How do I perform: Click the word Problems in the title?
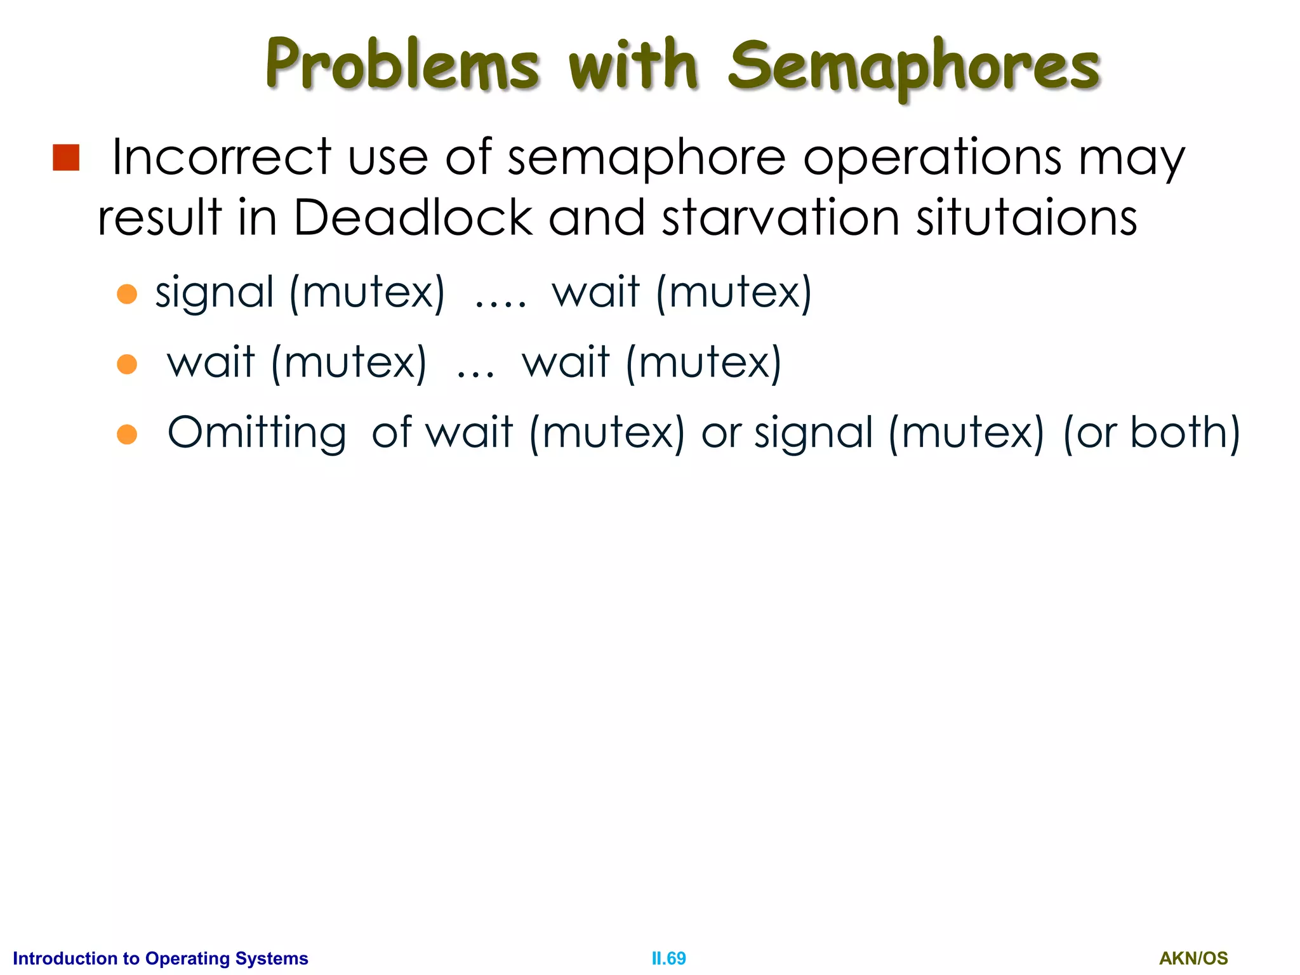402,65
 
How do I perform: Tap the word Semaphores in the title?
914,67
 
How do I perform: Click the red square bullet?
66,157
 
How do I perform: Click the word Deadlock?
413,218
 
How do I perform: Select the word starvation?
781,218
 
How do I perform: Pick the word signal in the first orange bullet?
215,293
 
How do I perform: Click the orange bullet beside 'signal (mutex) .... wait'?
127,294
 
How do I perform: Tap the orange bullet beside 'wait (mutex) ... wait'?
127,364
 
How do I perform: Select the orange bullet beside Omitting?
127,434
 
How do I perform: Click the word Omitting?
257,434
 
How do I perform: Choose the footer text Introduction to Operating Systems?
161,958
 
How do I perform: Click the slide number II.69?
668,958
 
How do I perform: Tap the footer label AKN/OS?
1193,958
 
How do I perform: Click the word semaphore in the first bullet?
646,157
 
